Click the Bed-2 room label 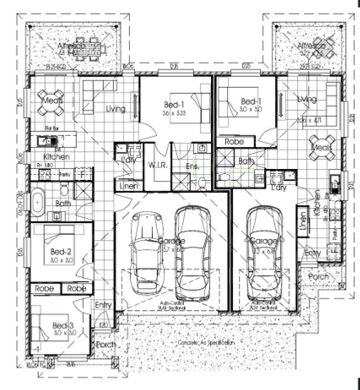59,251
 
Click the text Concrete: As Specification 206,342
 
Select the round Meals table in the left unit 50,102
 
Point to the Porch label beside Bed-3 106,345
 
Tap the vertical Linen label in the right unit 303,221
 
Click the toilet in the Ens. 202,184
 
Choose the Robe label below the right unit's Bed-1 234,142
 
